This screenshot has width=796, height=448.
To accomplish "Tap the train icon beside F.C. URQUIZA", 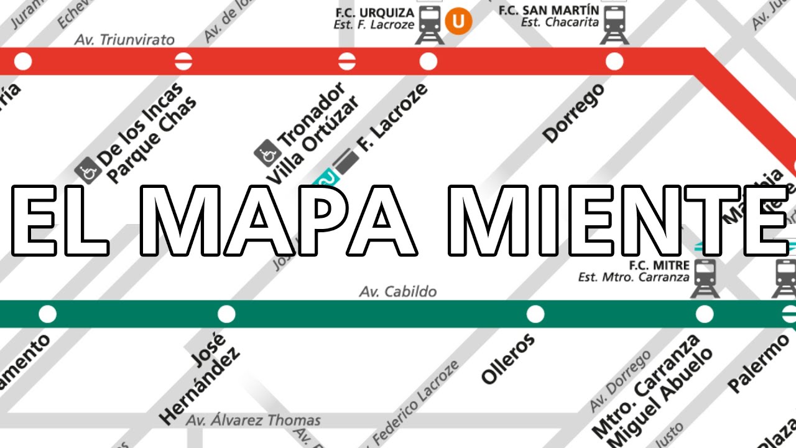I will tap(430, 24).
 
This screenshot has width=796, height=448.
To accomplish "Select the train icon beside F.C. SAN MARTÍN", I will tap(614, 24).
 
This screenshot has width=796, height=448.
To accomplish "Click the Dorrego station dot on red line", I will tap(614, 62).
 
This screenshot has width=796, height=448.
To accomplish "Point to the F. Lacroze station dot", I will tap(428, 62).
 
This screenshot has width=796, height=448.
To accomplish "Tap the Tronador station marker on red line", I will tap(346, 62).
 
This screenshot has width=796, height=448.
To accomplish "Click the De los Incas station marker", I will tap(183, 62).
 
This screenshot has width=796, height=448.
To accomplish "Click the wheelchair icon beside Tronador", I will tap(267, 151).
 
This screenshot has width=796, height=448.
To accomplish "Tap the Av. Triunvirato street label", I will tap(124, 40).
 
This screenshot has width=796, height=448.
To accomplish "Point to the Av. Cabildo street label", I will tap(398, 291).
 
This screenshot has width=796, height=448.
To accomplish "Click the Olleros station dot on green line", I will tap(535, 314).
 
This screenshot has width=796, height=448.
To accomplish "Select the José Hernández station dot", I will tap(226, 314).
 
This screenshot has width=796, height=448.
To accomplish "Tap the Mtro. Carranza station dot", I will tap(704, 314).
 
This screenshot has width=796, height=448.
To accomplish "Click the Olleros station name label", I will tap(508, 359).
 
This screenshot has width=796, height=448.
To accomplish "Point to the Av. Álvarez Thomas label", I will tap(254, 421).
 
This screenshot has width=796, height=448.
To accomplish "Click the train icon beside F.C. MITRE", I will tap(705, 278).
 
